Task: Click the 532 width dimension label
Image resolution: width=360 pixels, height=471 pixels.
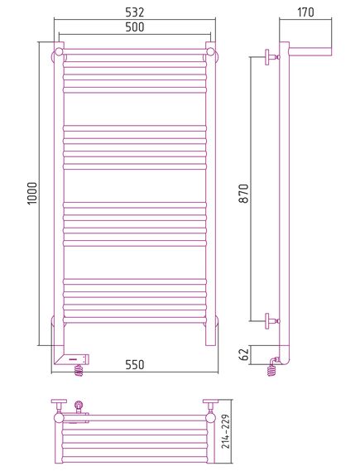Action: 135,12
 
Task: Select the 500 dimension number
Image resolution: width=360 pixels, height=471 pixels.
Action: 135,27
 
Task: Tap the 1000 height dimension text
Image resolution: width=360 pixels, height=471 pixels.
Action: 32,194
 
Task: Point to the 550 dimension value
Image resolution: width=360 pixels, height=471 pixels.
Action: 135,365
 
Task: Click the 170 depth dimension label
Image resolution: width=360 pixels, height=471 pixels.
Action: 305,12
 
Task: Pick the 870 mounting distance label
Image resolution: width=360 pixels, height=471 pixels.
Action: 245,194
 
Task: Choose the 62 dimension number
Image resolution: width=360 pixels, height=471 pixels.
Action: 245,355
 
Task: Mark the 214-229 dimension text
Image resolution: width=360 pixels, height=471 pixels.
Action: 226,431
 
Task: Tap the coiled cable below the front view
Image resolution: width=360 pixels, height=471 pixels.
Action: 79,370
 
